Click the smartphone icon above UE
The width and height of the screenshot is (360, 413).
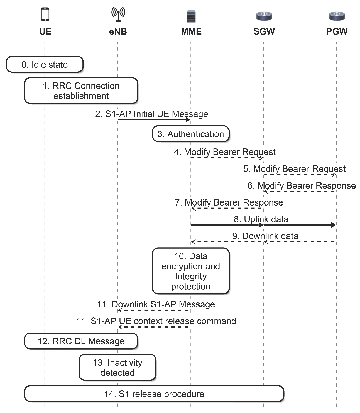tap(45, 14)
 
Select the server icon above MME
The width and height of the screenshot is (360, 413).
tap(191, 16)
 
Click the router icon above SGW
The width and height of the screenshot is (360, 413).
tap(264, 16)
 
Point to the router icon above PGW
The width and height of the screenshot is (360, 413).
tap(337, 16)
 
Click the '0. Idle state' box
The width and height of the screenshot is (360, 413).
tap(45, 64)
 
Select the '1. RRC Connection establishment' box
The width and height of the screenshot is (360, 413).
tap(81, 91)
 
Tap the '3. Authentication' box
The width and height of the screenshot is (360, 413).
tap(191, 134)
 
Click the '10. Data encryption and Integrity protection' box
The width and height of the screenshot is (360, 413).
tap(191, 271)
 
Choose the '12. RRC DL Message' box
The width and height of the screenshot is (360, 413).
tap(81, 341)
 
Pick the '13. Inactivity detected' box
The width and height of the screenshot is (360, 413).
tap(117, 367)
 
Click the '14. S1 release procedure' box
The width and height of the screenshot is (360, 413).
tap(154, 394)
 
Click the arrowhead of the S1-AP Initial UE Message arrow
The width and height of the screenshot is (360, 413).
tap(188, 120)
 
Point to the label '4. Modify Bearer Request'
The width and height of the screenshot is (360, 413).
tap(225, 152)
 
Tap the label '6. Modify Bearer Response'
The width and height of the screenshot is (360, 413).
tap(302, 185)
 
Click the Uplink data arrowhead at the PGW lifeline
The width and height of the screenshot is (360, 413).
tap(334, 225)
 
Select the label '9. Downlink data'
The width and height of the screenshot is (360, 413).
tap(265, 236)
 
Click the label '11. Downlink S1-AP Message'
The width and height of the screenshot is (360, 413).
tap(156, 304)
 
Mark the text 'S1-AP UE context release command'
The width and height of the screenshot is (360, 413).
tap(163, 321)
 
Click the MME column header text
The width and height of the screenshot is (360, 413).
tap(191, 31)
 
